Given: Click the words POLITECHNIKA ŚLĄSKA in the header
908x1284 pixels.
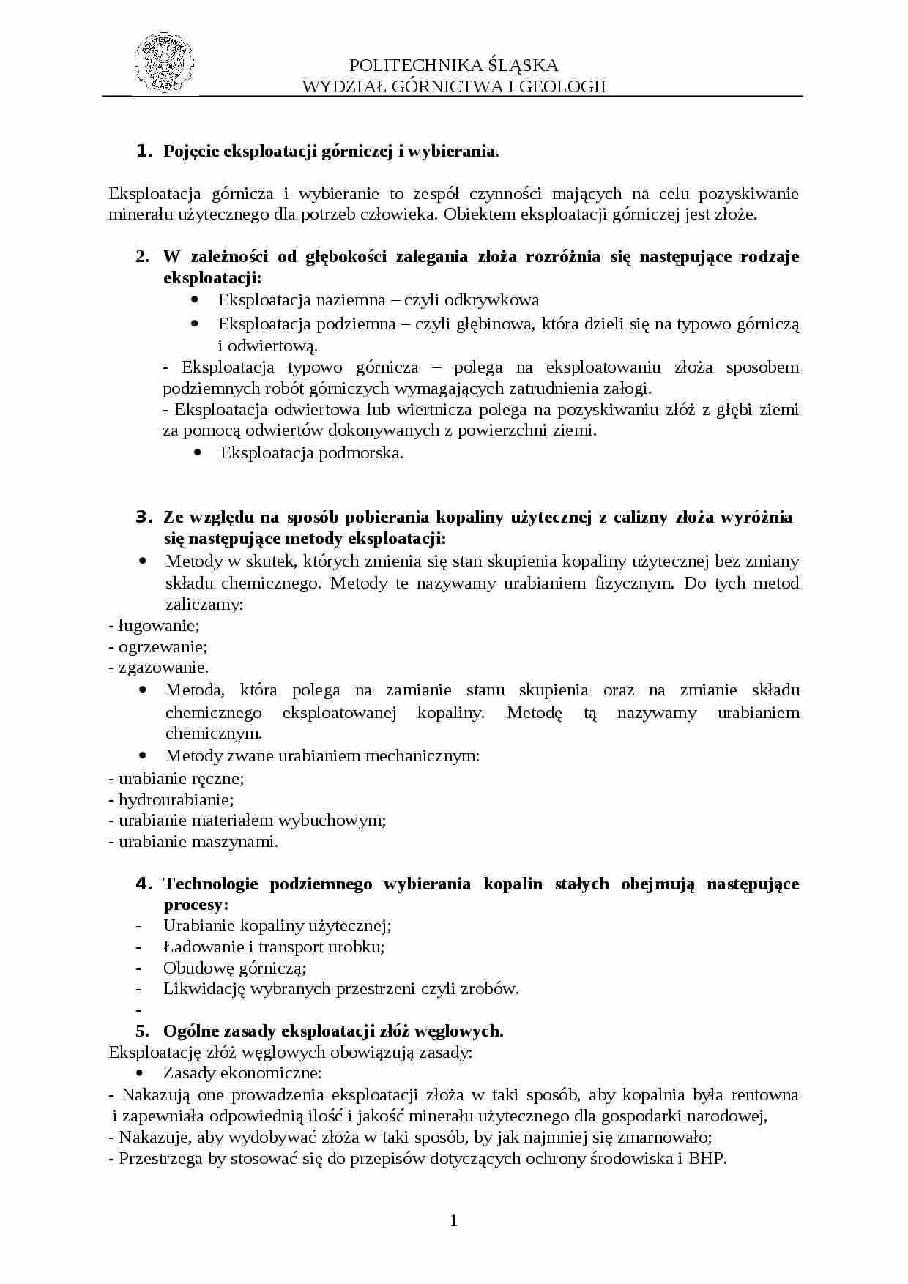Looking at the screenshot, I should [x=454, y=65].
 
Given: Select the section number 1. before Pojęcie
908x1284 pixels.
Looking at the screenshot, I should [x=144, y=152].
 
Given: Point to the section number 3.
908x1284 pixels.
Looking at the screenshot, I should [x=144, y=518].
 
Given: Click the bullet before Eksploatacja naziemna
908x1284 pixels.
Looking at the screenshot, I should [x=195, y=300].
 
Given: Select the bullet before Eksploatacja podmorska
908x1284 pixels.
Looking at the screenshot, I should [x=198, y=453].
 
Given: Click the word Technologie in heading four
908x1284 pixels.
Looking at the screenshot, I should [x=211, y=884].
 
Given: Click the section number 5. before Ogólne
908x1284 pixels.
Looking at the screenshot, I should [x=143, y=1031].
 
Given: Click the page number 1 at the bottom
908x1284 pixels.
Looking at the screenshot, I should [x=453, y=1220].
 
